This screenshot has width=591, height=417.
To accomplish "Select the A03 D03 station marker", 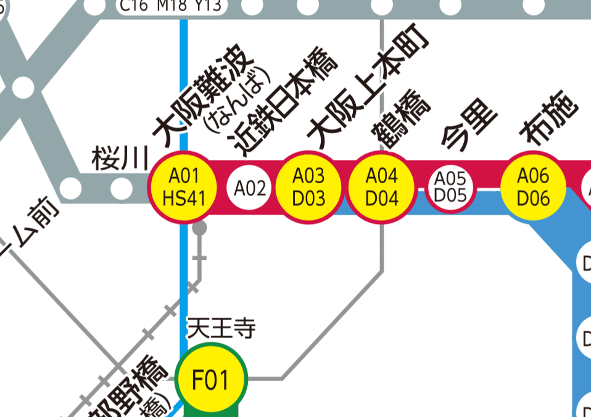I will pyautogui.click(x=308, y=187).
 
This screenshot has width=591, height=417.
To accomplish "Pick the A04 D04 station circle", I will pyautogui.click(x=382, y=187).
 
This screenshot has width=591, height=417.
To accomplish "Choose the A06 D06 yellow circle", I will pyautogui.click(x=533, y=187).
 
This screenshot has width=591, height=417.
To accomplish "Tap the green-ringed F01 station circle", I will pyautogui.click(x=211, y=378).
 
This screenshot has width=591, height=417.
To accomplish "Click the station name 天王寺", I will pyautogui.click(x=221, y=328).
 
